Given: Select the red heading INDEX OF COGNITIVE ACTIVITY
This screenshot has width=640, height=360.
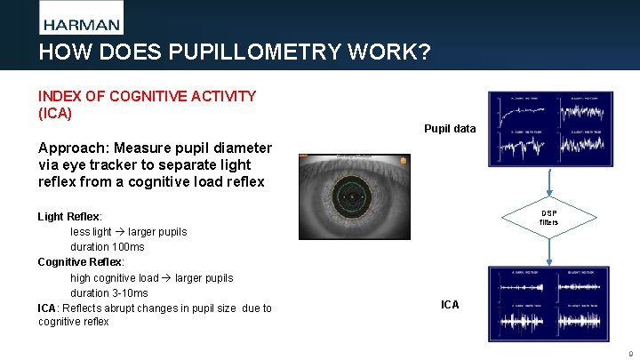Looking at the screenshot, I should pos(147,95).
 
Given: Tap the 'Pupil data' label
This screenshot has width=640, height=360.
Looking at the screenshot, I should pos(451,129).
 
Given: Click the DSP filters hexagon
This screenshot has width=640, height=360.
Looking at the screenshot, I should pos(548,218).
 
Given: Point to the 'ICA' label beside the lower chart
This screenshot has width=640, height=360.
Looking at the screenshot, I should pos(451,305).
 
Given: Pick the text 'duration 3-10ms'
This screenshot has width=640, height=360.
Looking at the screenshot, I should pos(109,293).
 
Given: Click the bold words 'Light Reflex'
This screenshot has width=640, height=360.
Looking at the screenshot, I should pos(68,217).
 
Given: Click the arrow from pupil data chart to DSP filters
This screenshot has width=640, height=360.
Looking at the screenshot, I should pos(550,182).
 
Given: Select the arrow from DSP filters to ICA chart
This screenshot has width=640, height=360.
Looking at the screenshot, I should pos(550,253).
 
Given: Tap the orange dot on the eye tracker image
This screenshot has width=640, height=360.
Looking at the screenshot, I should pos(403,161).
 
